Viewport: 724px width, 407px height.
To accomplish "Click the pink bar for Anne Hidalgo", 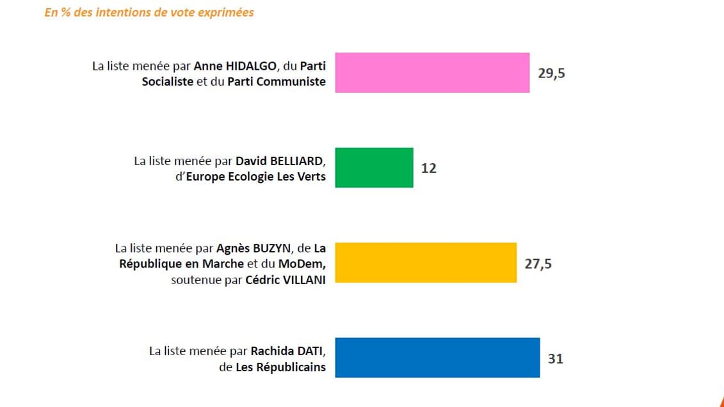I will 432,72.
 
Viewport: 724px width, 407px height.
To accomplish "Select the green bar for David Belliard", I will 374,168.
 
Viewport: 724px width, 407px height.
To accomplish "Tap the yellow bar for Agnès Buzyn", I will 426,262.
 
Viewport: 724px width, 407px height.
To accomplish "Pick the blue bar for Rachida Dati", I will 437,357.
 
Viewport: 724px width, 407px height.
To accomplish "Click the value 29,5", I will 551,73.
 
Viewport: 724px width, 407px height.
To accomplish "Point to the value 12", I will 428,168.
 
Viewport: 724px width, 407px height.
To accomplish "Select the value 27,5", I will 538,263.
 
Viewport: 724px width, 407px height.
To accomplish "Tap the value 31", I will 555,358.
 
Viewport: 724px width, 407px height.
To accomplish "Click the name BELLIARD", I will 298,161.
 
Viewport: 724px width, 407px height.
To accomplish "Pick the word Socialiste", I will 168,82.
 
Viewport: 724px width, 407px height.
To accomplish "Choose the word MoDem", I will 304,264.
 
